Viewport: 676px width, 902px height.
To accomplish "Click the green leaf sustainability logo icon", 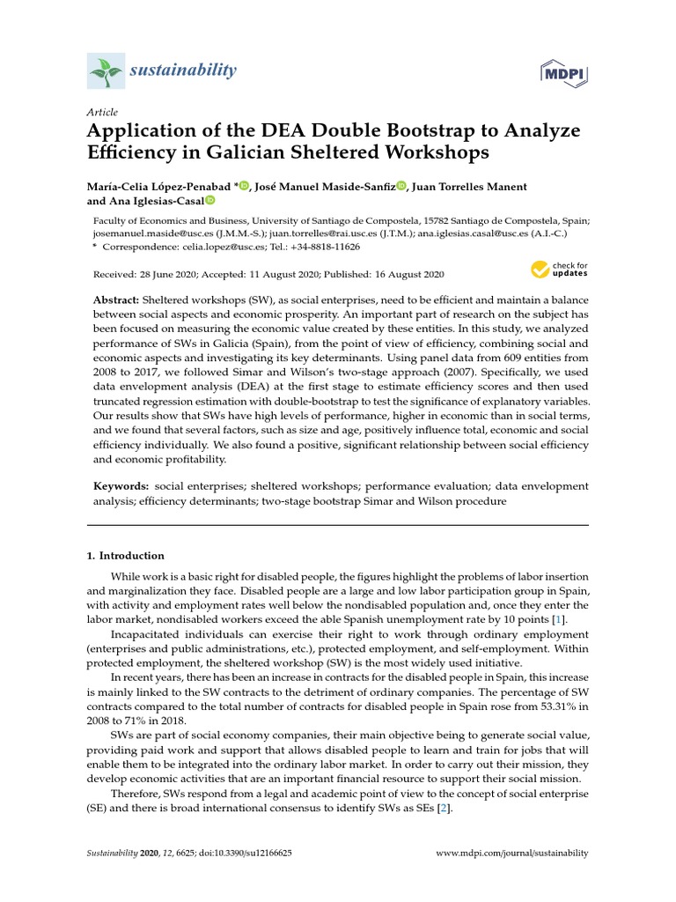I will [107, 69].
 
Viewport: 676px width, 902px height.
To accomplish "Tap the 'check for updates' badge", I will [558, 269].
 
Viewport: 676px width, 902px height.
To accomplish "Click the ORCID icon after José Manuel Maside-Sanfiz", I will [401, 187].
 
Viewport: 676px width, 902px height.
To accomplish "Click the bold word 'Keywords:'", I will [121, 486].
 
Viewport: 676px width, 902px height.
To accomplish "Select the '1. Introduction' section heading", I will [126, 556].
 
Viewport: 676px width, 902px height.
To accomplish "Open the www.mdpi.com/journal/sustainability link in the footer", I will [512, 854].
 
